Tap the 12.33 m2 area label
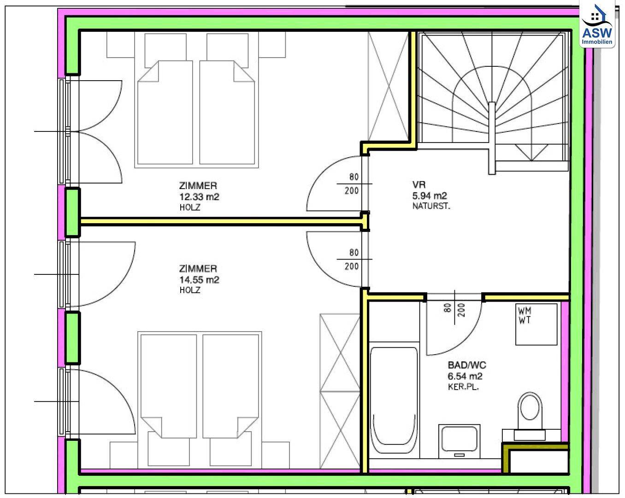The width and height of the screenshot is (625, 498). (199, 197)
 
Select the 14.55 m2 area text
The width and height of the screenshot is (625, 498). (199, 280)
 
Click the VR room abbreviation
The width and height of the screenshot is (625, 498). (419, 185)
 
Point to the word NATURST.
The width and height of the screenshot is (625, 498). (431, 206)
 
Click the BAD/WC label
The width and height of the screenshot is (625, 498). (467, 365)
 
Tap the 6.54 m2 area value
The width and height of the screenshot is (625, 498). (465, 376)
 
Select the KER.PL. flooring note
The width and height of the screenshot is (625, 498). (463, 387)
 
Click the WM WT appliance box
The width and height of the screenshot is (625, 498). (536, 324)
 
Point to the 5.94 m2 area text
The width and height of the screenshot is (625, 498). (430, 196)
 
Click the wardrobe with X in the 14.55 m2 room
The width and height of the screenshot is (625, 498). (340, 391)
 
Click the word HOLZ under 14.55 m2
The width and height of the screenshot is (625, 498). (190, 290)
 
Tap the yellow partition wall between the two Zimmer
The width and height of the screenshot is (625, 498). (221, 222)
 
